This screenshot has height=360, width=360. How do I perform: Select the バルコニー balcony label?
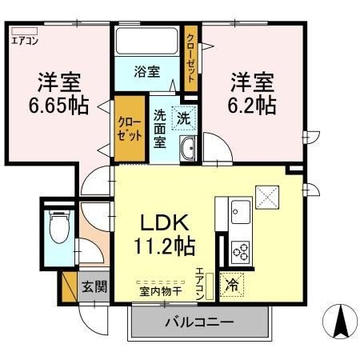[x=199, y=323]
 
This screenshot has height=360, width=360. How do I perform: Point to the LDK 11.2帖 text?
[x=167, y=230]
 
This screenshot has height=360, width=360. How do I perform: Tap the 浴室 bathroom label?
[x=146, y=71]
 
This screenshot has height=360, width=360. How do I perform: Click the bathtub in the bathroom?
[x=147, y=41]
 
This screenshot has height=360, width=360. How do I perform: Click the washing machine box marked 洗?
[x=183, y=118]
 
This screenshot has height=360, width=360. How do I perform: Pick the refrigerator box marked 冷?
[x=232, y=283]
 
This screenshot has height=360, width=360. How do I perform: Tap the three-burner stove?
[x=240, y=250]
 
